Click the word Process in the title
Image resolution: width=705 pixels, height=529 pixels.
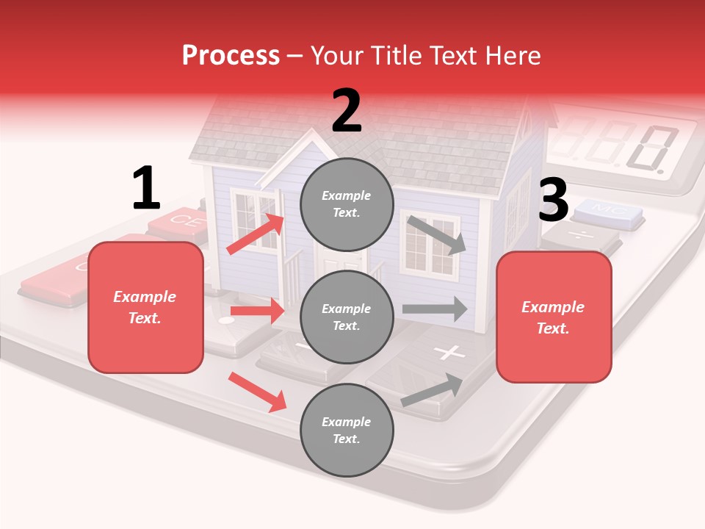coord(231,56)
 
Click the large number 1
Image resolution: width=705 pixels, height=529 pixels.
coord(146,189)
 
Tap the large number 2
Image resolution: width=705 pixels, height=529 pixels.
coord(347,111)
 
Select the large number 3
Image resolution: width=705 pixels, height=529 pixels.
coord(553,201)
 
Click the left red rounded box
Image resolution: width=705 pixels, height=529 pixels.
coord(145,307)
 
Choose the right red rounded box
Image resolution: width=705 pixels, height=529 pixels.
coord(554,317)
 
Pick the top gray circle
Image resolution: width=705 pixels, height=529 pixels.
coord(347,204)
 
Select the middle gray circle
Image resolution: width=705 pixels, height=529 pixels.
coord(347,317)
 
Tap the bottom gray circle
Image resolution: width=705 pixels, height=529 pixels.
coord(347,430)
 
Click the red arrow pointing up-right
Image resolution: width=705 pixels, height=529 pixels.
coord(256,234)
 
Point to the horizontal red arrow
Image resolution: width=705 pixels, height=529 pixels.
coord(257,312)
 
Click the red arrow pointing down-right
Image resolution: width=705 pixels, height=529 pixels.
coord(257,392)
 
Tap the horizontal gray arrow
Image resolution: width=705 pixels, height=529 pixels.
coord(435,309)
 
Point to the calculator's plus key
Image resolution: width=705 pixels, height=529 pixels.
coord(449,353)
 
